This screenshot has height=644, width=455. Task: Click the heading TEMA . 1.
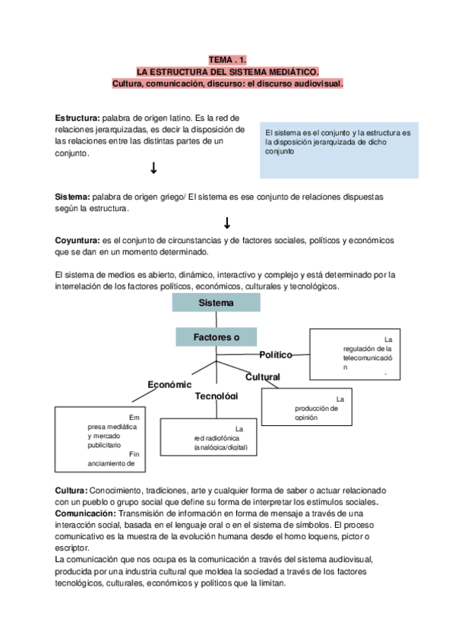coord(227,60)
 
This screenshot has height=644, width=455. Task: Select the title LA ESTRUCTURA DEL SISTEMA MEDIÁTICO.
coord(227,72)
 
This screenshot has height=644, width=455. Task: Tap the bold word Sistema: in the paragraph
coord(72,197)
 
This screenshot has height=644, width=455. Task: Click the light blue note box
coord(339,149)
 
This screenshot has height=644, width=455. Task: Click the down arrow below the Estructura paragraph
coord(153,168)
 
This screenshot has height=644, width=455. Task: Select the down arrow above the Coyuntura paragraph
coord(226,223)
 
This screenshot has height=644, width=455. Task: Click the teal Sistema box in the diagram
coord(216,302)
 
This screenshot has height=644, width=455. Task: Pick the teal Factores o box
coord(216,336)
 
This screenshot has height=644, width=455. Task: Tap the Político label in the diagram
coord(276,355)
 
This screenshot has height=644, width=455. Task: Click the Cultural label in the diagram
coord(263,377)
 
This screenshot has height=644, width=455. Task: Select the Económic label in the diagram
coord(169,385)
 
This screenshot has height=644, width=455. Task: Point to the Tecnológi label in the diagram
coord(216,396)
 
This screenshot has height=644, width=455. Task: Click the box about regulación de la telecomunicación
coord(354,353)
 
